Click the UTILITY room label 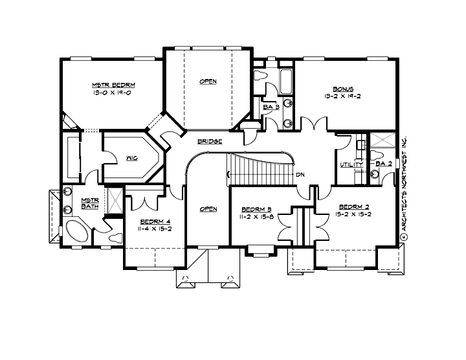[351, 165]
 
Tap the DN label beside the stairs [300, 175]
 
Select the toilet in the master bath [115, 238]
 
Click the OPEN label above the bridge [207, 82]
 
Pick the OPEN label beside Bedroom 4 [208, 209]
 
